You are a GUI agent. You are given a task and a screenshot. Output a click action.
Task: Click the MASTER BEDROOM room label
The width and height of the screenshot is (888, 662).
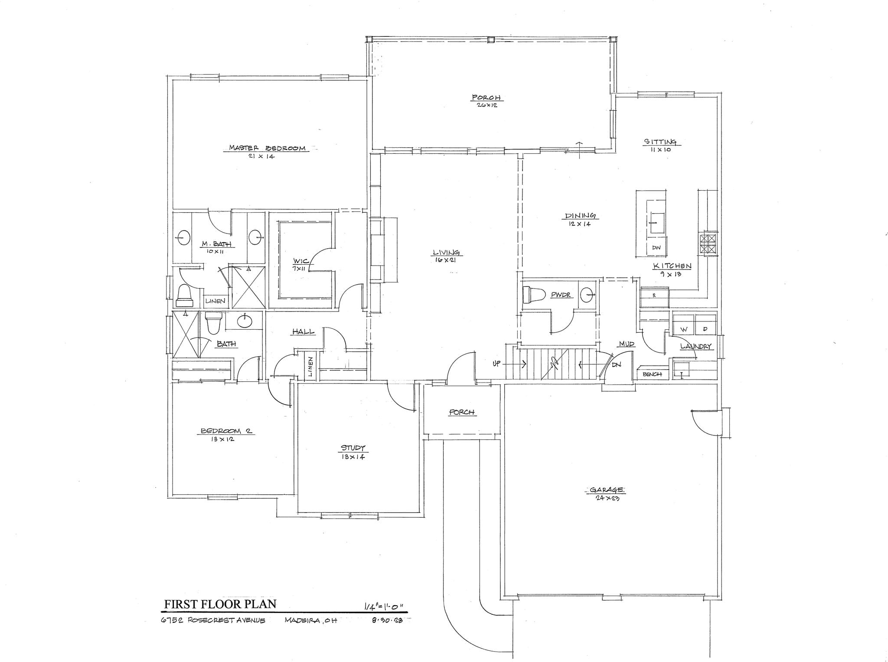click(267, 148)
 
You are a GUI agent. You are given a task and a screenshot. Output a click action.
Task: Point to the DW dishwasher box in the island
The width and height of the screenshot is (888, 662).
click(656, 248)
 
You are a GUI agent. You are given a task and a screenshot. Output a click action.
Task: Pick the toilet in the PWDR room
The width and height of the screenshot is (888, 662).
click(533, 295)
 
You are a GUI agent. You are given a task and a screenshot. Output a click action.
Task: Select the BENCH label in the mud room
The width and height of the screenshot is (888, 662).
click(652, 374)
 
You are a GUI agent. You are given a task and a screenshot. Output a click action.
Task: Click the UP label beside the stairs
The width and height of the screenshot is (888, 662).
click(497, 364)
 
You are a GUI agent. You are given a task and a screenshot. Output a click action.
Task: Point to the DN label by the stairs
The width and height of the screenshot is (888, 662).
click(616, 365)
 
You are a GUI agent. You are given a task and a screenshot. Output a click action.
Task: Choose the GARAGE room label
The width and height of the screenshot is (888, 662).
click(607, 490)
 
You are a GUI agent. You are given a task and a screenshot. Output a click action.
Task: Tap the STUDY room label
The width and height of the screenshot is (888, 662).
click(353, 448)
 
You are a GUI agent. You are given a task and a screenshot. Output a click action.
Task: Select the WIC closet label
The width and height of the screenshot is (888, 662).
click(300, 261)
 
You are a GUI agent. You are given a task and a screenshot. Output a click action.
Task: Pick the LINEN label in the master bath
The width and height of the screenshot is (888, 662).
click(215, 301)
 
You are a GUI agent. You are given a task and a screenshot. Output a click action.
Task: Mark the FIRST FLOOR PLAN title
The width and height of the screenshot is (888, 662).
click(220, 604)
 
